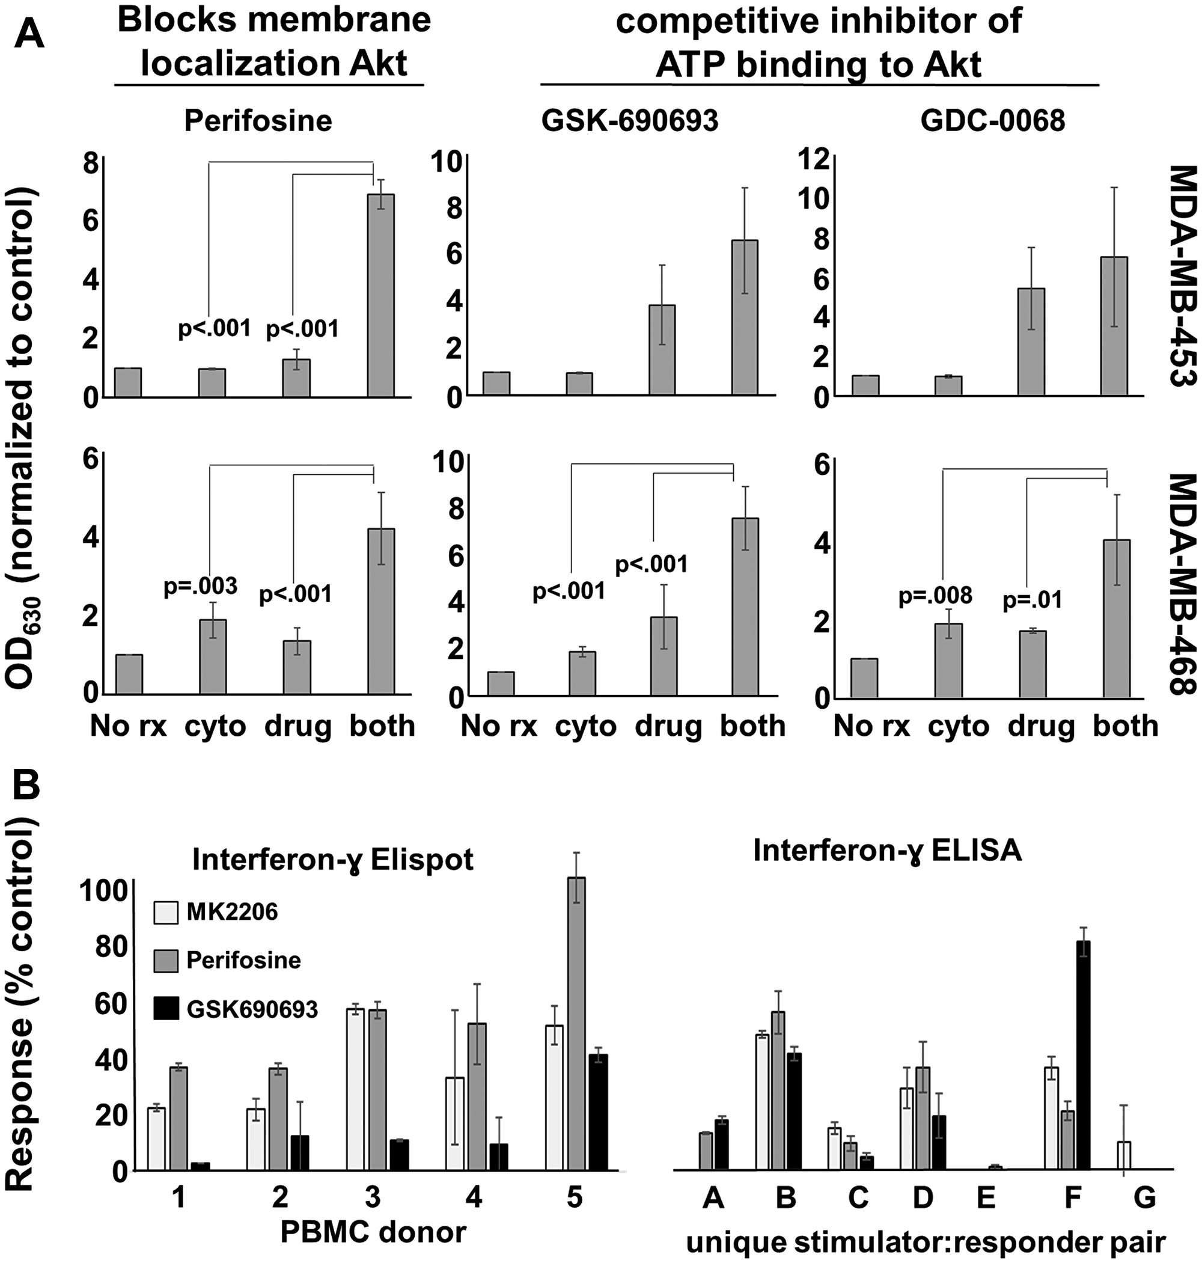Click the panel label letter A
tap(30, 33)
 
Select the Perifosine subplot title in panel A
tap(258, 120)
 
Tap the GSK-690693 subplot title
tap(630, 120)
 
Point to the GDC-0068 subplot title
tap(992, 120)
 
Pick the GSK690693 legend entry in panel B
tap(252, 1010)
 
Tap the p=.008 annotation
tap(936, 596)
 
